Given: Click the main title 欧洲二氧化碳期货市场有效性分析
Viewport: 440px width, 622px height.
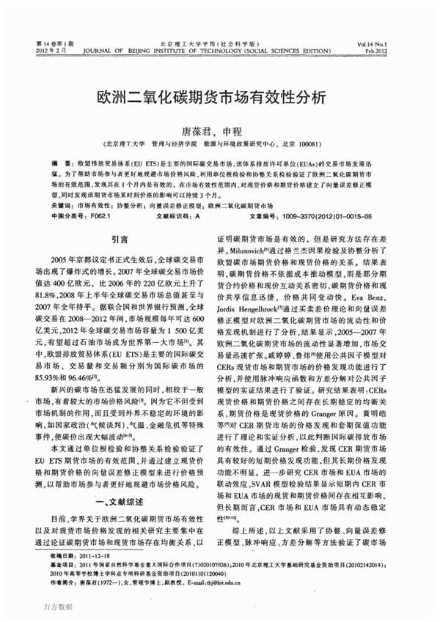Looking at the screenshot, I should coord(220,97).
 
